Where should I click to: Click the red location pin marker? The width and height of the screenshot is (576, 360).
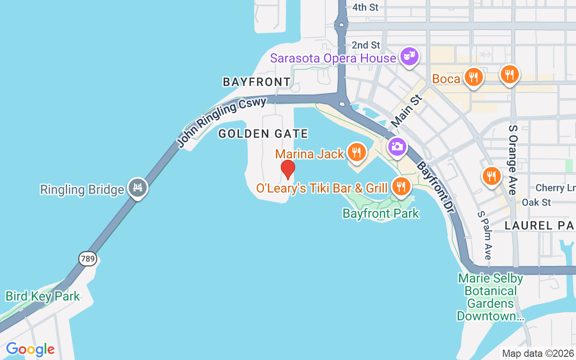coord(288,170)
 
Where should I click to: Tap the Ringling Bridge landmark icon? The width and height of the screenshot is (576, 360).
coord(138,188)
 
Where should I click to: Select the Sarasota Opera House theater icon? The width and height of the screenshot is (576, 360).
coord(409,57)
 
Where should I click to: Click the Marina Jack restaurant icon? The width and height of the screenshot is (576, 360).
coord(356,152)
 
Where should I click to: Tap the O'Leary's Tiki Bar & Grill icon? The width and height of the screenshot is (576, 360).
coord(400,186)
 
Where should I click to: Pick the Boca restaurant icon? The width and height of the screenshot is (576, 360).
coord(473,77)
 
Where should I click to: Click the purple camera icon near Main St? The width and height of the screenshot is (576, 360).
coord(397,147)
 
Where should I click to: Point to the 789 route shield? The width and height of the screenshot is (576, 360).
coord(87,258)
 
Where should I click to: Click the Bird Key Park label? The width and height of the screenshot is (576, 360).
coord(42,296)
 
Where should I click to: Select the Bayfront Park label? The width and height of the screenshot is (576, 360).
coord(381,213)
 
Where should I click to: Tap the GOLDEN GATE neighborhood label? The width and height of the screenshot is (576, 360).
coord(263,134)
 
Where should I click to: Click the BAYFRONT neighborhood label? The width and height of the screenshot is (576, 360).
coord(257,82)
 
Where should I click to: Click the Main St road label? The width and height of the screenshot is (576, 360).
coord(407,111)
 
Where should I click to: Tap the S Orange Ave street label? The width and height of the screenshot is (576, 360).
coord(513,160)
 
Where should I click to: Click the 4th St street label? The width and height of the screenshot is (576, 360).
coord(365,7)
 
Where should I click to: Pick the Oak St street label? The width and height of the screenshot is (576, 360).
coord(536,202)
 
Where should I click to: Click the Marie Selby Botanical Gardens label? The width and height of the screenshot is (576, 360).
coord(490,297)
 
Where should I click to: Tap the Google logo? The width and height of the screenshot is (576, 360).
coord(30,349)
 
